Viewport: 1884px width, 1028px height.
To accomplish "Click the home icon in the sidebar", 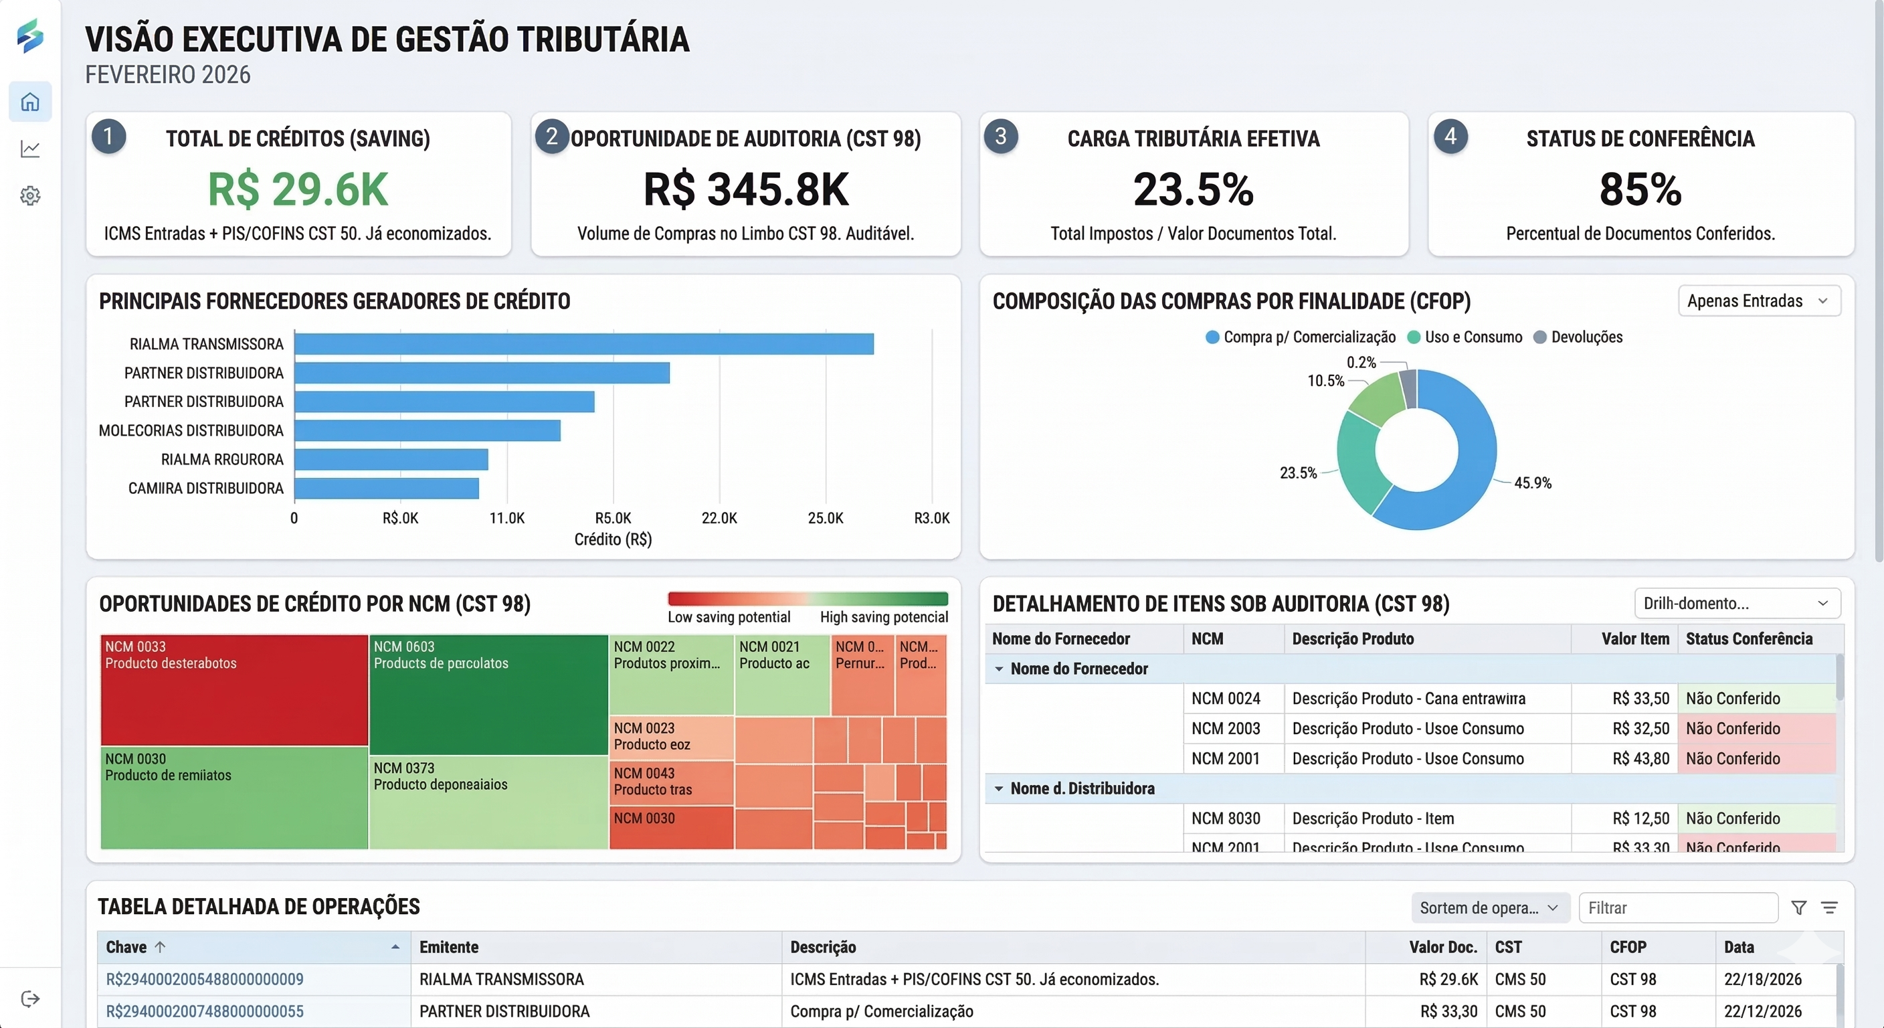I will (30, 102).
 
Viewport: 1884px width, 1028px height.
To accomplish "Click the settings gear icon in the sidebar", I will (30, 196).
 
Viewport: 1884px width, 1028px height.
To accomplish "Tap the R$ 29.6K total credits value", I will (298, 189).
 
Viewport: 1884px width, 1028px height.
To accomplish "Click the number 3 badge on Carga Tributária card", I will (1000, 136).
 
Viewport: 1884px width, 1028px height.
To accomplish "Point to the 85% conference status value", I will (1640, 189).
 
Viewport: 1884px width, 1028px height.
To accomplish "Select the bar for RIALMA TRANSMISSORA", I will (583, 344).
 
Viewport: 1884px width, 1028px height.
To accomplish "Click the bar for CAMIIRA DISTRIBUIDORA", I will (386, 488).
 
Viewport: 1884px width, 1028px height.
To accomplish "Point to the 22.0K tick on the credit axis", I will (719, 518).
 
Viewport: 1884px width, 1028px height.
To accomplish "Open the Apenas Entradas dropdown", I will (1758, 301).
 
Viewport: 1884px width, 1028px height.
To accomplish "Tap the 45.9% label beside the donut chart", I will (1532, 483).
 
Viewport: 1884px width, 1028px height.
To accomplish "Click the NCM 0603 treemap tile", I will (488, 693).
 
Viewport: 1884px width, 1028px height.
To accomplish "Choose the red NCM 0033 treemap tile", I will (234, 690).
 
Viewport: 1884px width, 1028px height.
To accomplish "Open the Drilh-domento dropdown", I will (1736, 604).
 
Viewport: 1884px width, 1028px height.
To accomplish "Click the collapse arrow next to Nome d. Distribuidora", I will (999, 789).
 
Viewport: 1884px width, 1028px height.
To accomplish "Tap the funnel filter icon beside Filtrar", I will (1798, 908).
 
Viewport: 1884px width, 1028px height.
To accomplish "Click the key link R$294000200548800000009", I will (205, 979).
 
